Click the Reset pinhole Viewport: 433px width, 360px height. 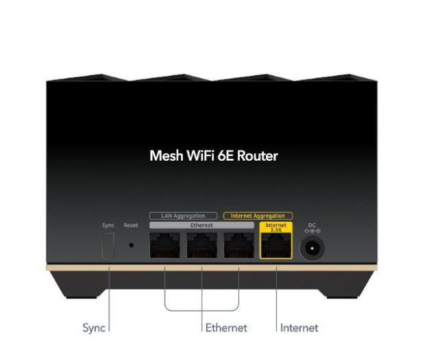(131, 244)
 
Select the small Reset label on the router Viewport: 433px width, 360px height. (131, 225)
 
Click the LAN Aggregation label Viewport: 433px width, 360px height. (183, 216)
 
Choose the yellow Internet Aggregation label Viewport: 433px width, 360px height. (258, 216)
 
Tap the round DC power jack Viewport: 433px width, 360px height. (312, 246)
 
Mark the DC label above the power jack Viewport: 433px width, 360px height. (312, 224)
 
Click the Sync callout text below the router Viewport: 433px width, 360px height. (94, 328)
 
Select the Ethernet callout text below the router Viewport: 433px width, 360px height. (226, 328)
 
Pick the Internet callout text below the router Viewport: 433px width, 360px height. (299, 328)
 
